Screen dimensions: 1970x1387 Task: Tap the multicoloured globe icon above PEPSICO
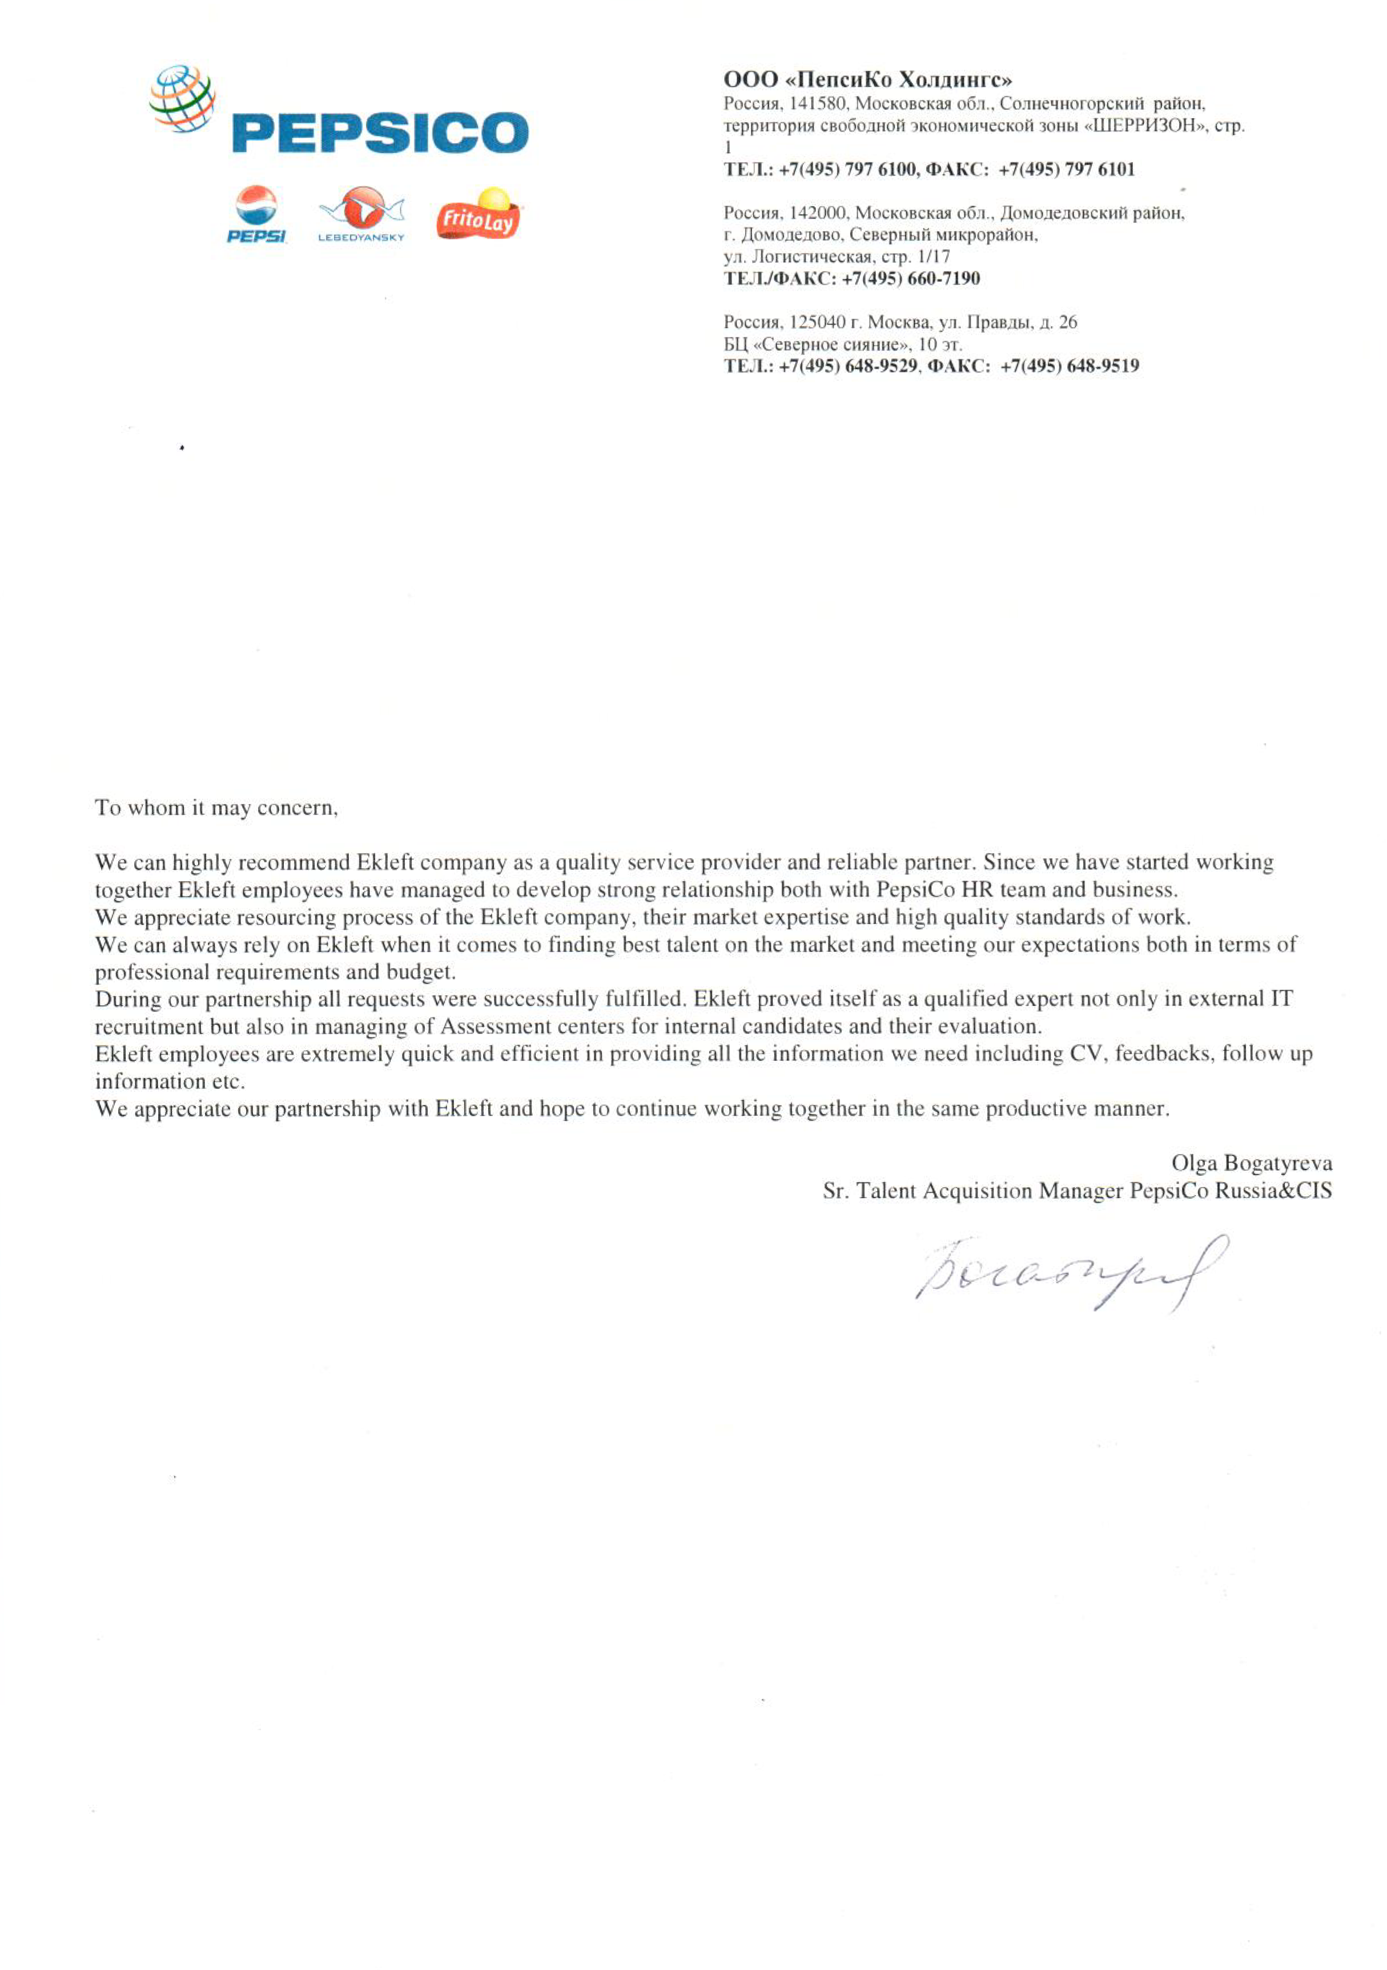[x=182, y=99]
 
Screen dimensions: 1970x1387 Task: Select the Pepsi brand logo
[x=256, y=215]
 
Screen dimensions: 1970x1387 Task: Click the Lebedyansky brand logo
[x=361, y=214]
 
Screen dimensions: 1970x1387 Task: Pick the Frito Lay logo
[x=478, y=215]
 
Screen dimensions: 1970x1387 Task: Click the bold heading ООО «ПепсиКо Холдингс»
[x=867, y=80]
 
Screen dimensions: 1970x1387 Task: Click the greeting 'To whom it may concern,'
[x=216, y=807]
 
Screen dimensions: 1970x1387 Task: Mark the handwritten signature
[x=1071, y=1273]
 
